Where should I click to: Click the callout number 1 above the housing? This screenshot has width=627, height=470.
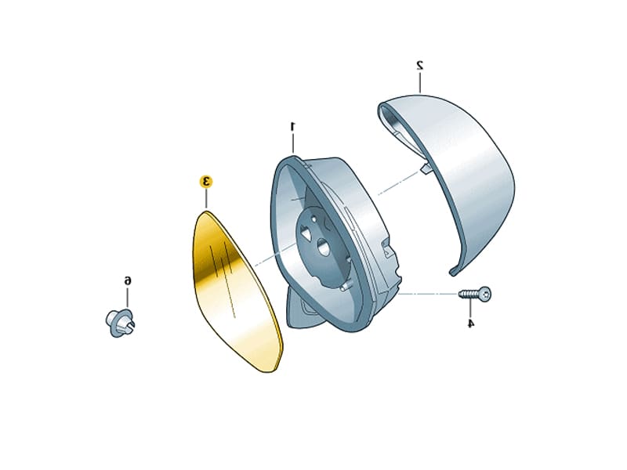click(293, 125)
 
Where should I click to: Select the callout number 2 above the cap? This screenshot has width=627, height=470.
click(419, 63)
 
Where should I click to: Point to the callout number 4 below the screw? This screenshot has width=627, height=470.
click(470, 323)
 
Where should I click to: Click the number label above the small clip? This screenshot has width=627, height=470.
click(128, 280)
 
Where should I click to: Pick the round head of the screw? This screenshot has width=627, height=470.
click(486, 294)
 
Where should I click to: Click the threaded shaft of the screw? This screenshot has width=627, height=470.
click(469, 295)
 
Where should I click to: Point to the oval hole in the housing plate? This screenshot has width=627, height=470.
click(322, 245)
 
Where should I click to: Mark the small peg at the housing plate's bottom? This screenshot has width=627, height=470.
click(344, 287)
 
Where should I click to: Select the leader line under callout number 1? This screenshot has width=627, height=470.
click(292, 143)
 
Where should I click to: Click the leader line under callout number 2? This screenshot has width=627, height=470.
click(419, 82)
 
